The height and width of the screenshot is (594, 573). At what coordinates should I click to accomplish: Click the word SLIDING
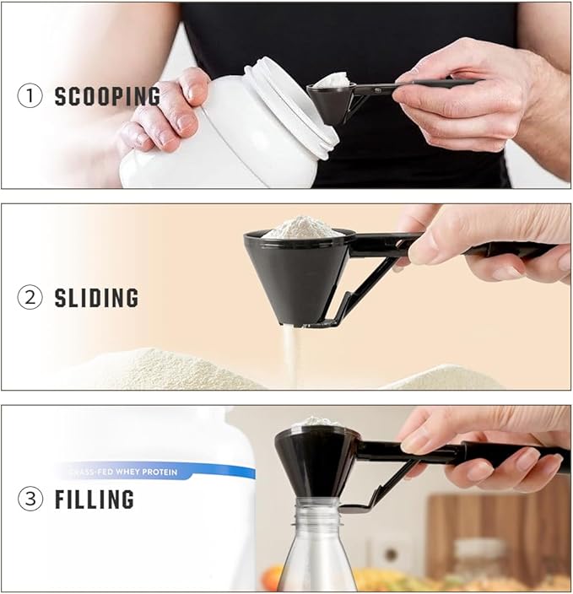[x=96, y=298]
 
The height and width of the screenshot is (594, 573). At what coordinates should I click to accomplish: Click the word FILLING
[x=94, y=499]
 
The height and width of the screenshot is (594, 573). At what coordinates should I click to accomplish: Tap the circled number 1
[x=29, y=96]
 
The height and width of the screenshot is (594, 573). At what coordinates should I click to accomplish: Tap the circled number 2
[x=29, y=298]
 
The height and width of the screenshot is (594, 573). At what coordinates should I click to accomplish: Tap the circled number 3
[x=29, y=499]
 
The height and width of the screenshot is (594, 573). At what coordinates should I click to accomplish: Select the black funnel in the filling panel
[x=314, y=460]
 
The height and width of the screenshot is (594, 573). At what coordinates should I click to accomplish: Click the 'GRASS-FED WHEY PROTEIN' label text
[x=118, y=472]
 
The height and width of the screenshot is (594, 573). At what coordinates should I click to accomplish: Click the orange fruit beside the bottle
[x=273, y=577]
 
